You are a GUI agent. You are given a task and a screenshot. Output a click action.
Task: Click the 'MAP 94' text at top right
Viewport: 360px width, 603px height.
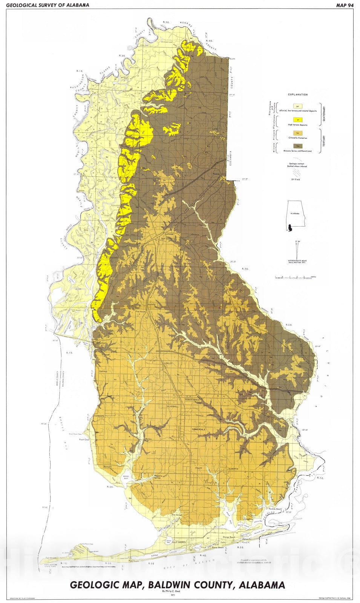tap(345, 5)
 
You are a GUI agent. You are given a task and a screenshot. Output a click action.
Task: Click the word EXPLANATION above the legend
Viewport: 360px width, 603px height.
tap(298, 95)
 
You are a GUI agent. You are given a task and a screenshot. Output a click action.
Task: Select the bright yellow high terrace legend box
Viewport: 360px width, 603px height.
tap(298, 120)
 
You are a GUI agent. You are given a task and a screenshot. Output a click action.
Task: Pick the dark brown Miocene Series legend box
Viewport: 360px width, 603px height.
tap(298, 145)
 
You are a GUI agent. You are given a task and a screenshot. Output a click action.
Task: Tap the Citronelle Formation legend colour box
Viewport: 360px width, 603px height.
tap(298, 133)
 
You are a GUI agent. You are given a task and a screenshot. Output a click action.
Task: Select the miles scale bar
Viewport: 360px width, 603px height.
tap(294, 277)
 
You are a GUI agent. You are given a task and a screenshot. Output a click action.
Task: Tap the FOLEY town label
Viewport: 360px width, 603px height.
tap(199, 468)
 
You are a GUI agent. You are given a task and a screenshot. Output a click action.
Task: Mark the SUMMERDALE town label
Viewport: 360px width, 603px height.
tap(198, 429)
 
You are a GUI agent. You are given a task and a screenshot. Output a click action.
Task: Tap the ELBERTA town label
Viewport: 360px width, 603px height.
tap(232, 468)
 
